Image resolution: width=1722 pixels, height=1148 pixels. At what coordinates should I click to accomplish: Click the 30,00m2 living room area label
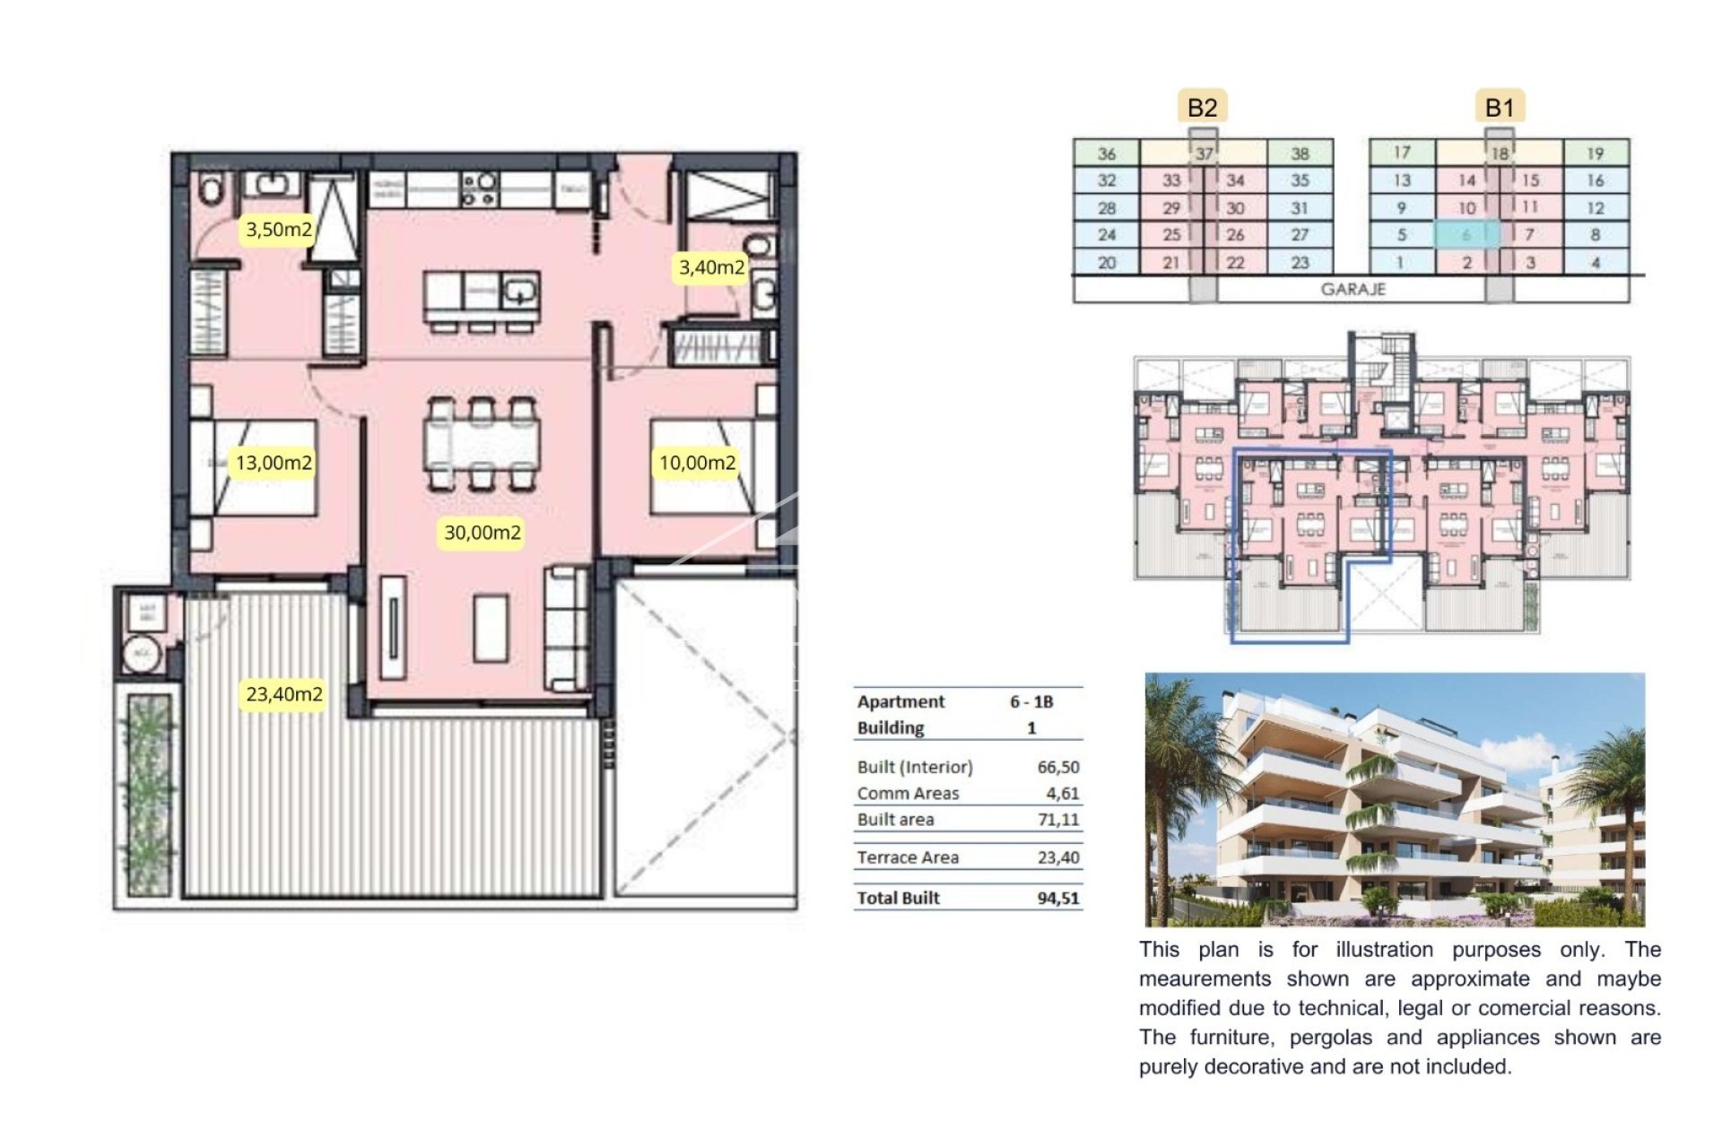click(483, 533)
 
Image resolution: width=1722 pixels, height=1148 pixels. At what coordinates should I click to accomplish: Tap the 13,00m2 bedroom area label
click(274, 463)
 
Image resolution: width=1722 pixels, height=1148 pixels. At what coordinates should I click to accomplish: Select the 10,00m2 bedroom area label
click(698, 463)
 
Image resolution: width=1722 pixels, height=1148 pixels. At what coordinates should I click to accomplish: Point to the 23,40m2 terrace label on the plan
click(284, 694)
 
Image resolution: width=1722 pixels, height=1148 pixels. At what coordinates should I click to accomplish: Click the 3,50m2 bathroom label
click(279, 230)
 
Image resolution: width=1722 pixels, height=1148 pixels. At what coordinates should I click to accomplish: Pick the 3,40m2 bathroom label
click(711, 267)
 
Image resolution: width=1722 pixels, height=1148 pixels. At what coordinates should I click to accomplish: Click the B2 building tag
click(1202, 108)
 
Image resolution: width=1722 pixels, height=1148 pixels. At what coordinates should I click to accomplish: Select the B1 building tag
click(1500, 108)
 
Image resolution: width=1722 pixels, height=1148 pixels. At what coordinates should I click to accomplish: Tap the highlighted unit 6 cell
click(1466, 235)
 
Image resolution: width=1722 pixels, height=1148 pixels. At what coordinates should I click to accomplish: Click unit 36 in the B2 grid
click(1107, 153)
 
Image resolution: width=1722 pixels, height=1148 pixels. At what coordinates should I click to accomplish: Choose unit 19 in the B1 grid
click(1595, 153)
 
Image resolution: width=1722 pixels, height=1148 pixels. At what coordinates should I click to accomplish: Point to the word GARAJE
click(1353, 290)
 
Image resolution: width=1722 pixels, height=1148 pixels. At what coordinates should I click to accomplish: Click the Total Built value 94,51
click(1058, 898)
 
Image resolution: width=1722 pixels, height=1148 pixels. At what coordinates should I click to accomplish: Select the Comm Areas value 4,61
click(1063, 793)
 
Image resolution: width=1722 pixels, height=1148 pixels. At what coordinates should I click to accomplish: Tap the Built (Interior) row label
click(915, 767)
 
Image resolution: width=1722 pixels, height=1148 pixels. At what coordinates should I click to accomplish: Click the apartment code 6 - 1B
click(1031, 701)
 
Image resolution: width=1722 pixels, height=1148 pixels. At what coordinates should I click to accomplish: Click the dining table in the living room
click(483, 445)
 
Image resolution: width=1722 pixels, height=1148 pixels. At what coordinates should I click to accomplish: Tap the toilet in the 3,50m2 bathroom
click(212, 190)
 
